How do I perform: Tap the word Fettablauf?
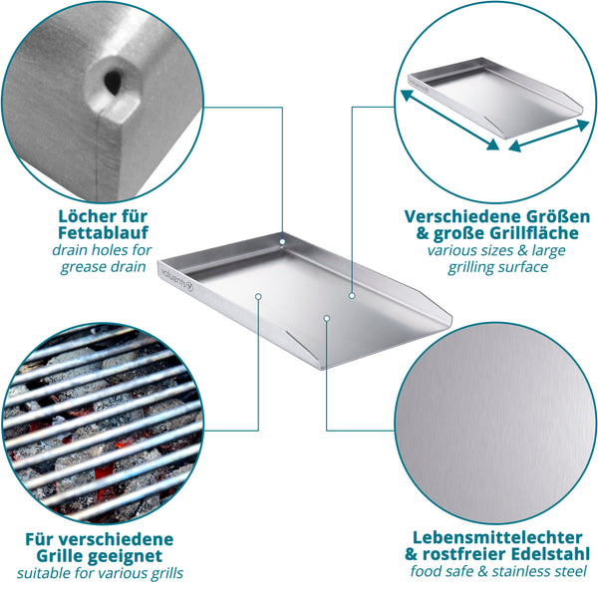[x=103, y=232]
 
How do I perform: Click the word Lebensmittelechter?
[x=497, y=538]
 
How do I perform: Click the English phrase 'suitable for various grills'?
[x=100, y=573]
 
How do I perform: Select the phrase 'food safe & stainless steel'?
[x=498, y=571]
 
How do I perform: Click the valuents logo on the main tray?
[x=177, y=279]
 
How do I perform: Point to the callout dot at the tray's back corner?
[x=282, y=242]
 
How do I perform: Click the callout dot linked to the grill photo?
[x=258, y=296]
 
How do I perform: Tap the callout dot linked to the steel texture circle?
[x=327, y=318]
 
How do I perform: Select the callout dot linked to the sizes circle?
[x=352, y=296]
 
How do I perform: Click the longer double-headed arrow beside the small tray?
[x=450, y=120]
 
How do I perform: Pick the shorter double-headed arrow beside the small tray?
[x=549, y=136]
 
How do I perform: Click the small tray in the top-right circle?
[x=495, y=98]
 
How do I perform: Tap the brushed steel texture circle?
[x=495, y=423]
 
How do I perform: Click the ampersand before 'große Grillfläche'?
[x=423, y=233]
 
